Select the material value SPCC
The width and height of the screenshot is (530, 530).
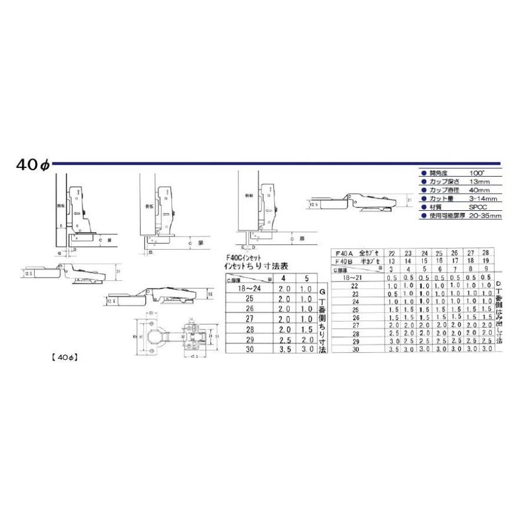point(479,207)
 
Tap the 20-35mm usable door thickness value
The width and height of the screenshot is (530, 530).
point(486,216)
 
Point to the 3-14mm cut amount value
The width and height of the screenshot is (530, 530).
point(483,199)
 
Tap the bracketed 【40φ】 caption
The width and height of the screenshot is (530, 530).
point(64,356)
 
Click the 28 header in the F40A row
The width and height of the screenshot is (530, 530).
point(485,252)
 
